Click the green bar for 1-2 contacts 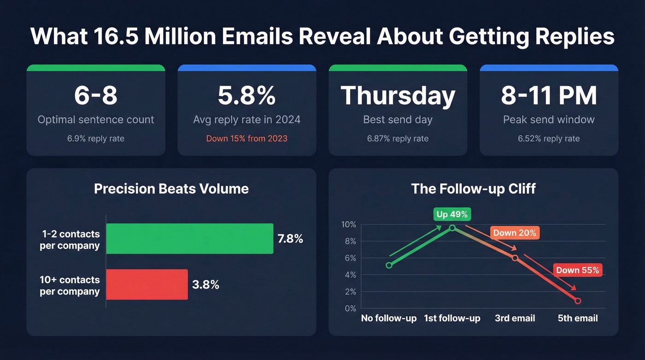[189, 239]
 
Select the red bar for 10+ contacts [147, 284]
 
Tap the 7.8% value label [290, 239]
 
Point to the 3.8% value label [205, 284]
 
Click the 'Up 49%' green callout [452, 214]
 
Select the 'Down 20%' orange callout [515, 233]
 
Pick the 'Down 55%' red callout [577, 270]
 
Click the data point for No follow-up [389, 265]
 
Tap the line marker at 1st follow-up [452, 228]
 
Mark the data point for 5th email [578, 301]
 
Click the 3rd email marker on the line [515, 258]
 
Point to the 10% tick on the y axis [348, 224]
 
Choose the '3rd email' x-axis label [515, 318]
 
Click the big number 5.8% [246, 95]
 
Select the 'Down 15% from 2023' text [246, 138]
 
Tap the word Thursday [398, 95]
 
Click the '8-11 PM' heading [549, 95]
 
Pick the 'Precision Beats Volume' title [171, 189]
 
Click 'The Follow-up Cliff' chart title [474, 189]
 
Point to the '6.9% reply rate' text [96, 138]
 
